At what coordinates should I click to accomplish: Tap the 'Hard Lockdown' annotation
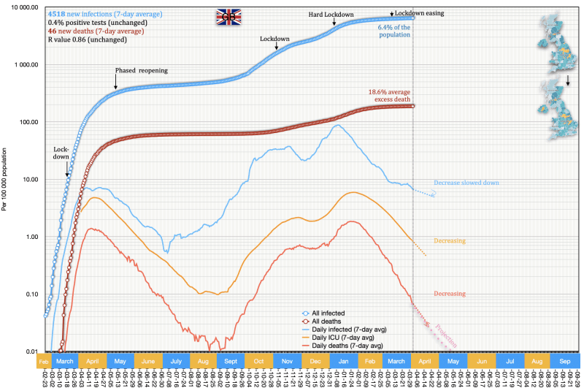click(x=332, y=14)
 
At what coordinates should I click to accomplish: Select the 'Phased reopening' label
click(x=141, y=69)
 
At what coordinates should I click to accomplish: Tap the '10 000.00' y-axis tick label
click(x=23, y=7)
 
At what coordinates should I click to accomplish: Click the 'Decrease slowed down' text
click(x=466, y=183)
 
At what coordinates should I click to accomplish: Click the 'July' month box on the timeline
click(x=176, y=361)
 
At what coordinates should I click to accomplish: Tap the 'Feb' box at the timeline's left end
click(x=43, y=361)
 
